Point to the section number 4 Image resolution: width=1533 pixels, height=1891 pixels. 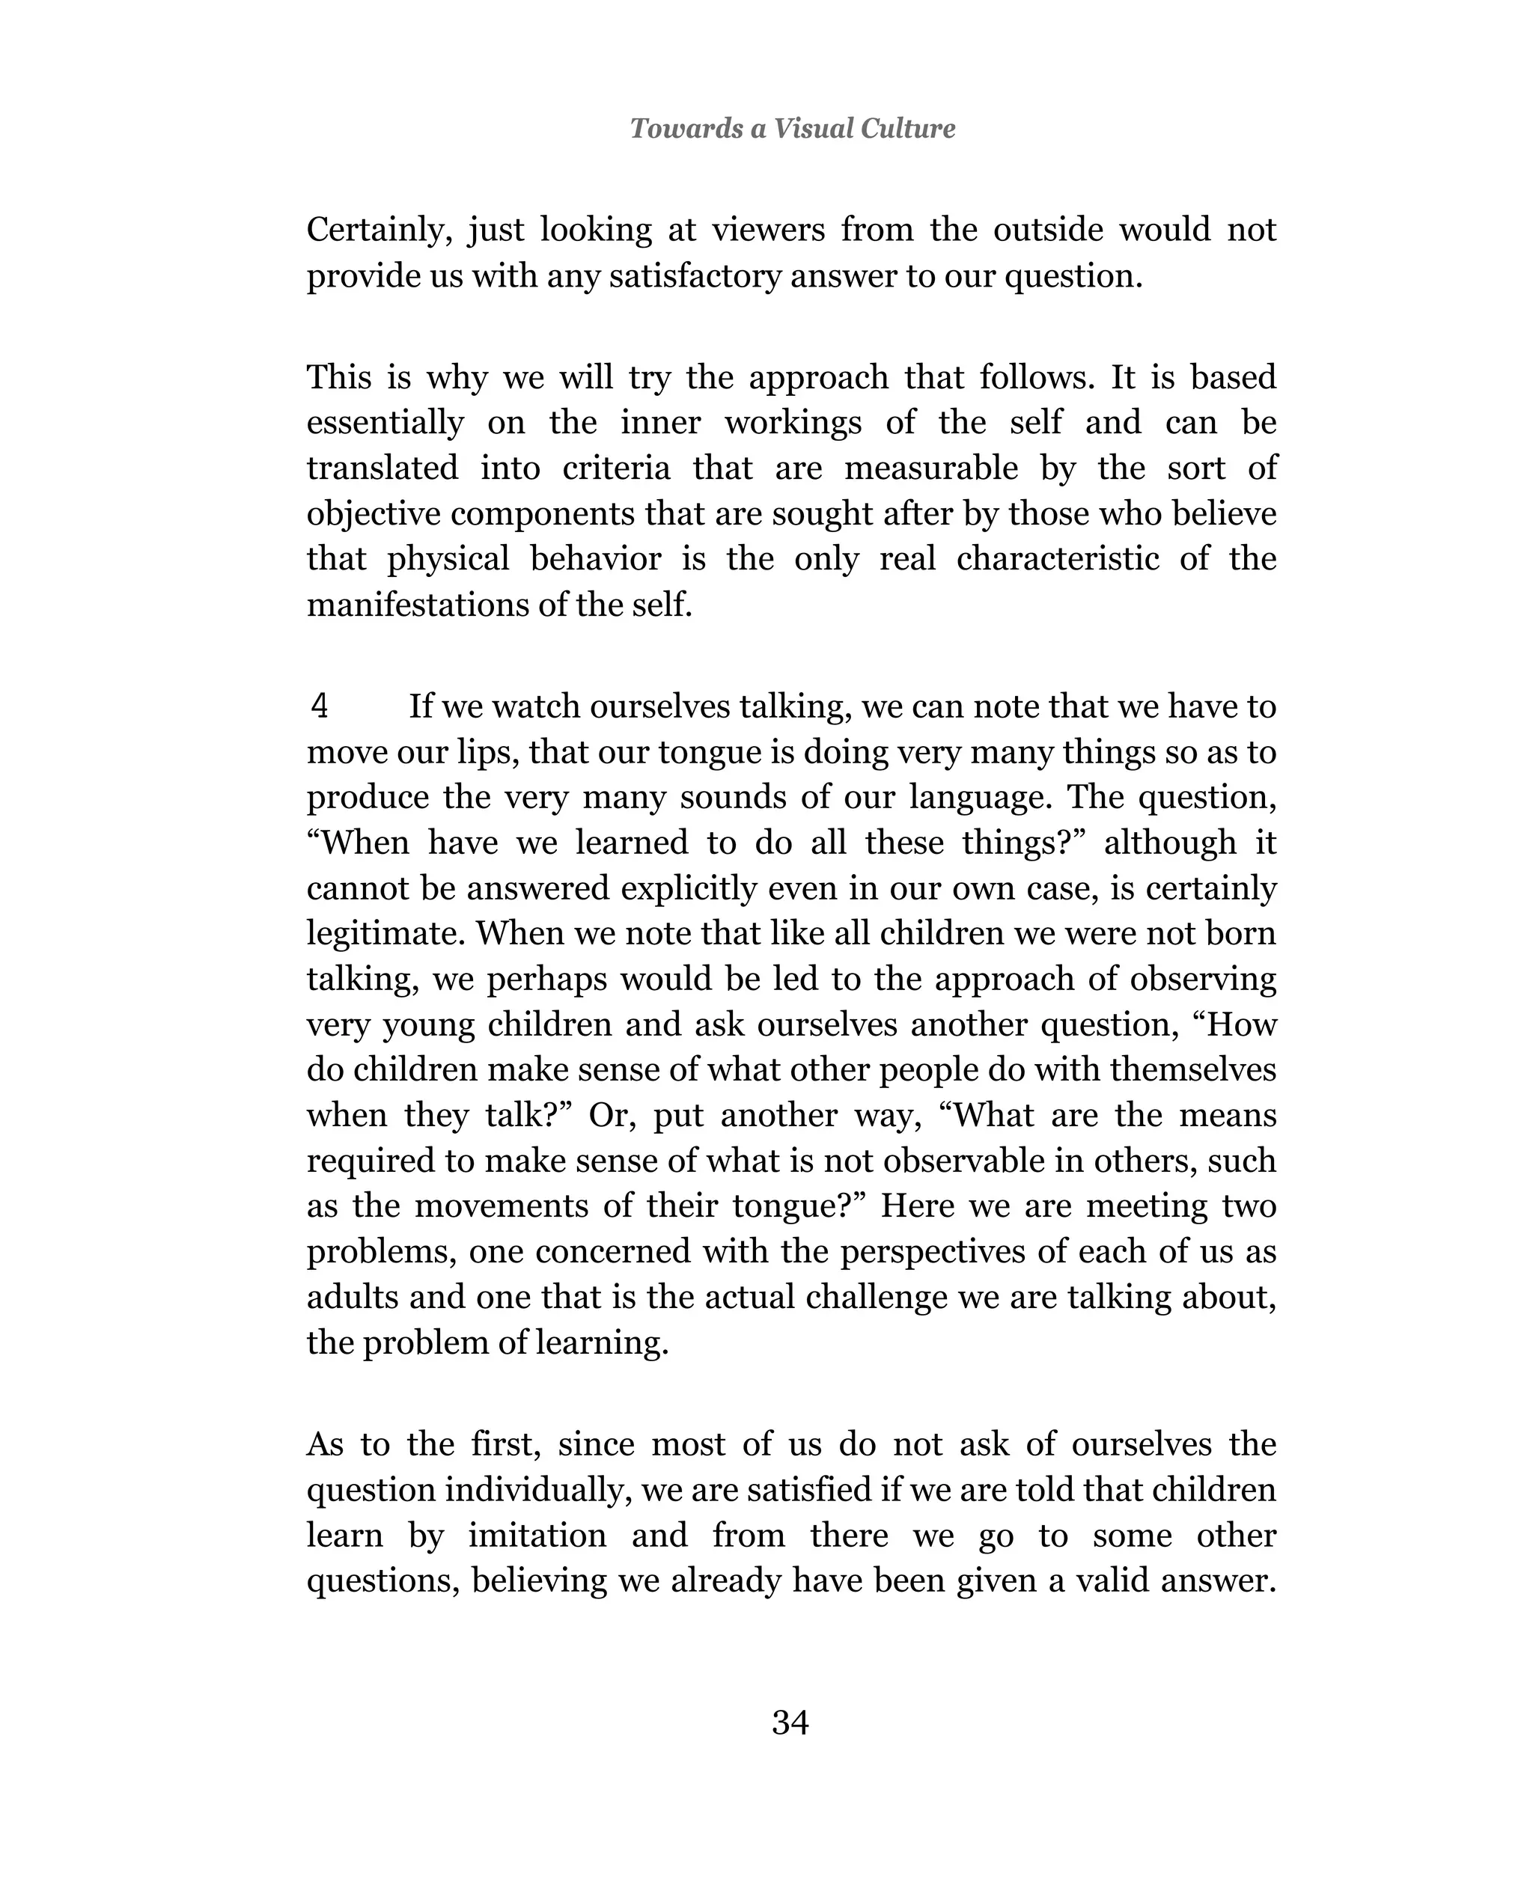[x=320, y=706]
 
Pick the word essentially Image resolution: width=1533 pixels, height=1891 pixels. [x=384, y=422]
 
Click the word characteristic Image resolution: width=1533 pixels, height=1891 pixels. [x=1057, y=559]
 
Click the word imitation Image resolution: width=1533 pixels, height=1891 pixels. [x=537, y=1536]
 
